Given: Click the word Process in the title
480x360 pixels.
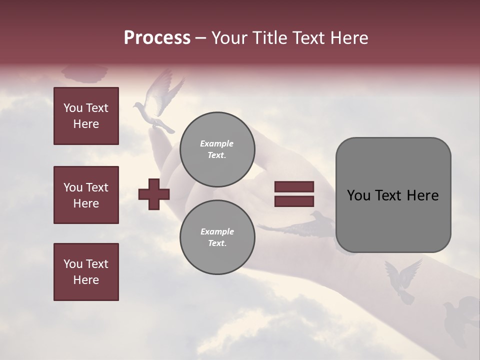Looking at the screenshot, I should pos(157,38).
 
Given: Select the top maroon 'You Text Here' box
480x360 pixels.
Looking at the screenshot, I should pos(86,116).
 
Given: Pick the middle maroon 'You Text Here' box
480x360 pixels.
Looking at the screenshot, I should pos(86,195).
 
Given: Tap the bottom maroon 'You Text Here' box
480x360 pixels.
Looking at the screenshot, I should pos(86,272).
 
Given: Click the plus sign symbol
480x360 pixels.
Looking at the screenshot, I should pos(154,193).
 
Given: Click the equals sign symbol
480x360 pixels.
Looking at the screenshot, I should pos(294,194).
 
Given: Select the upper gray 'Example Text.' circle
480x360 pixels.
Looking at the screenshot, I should pos(217,149).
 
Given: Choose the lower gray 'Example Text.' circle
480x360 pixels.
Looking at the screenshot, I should pos(217,237).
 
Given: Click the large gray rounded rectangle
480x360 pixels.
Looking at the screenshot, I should pos(393,195).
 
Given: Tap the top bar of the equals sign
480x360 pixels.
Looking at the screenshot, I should pos(294,187).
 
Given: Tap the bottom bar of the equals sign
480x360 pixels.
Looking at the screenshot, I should pos(294,201).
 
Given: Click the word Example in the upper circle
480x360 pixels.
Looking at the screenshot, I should pos(217,143).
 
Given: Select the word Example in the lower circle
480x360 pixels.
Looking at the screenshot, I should pos(217,231).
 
